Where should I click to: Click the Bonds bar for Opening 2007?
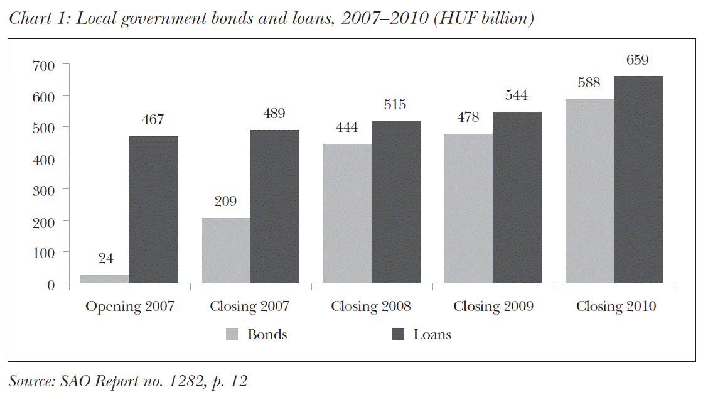[105, 279]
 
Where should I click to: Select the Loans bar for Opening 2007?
[154, 210]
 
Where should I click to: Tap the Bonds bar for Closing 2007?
[226, 251]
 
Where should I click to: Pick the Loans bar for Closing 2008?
[396, 202]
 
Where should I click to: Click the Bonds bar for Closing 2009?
[468, 209]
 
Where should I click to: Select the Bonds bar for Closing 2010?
[589, 191]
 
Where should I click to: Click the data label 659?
[638, 60]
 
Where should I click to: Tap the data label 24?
[105, 258]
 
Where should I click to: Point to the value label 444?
[347, 128]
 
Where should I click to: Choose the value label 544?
[517, 96]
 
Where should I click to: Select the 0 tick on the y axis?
[51, 284]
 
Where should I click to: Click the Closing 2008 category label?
[371, 307]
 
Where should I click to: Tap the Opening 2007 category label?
[129, 307]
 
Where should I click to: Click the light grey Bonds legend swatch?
[233, 335]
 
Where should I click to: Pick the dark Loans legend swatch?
[397, 335]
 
